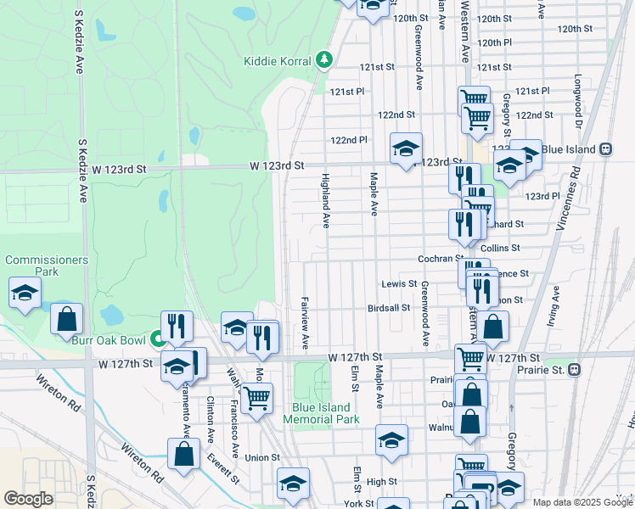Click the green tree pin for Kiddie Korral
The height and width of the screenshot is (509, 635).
pos(323,59)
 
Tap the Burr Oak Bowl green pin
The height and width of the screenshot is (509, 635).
pos(157,339)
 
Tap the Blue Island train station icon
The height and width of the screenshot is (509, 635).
pos(605,148)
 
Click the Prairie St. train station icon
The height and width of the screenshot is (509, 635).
pos(575,370)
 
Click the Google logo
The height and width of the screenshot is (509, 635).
pos(28,499)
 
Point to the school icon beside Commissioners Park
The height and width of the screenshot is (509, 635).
pos(25,293)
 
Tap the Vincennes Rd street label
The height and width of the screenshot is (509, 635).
pos(575,193)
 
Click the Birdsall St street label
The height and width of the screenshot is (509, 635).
pos(389,308)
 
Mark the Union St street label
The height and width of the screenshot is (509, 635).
pos(262,458)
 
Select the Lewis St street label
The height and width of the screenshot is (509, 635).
pos(399,283)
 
